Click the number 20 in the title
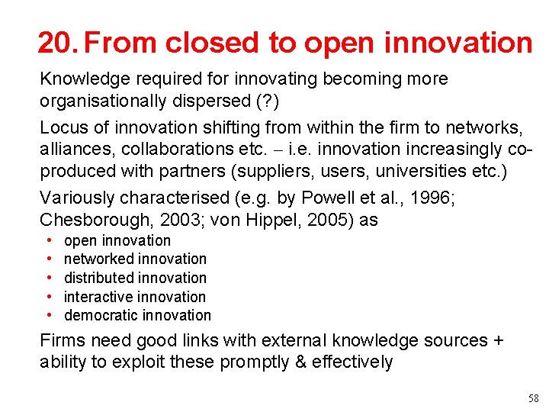pos(54,43)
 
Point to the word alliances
pos(77,150)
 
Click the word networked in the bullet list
pos(96,259)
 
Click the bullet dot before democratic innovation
pos(49,315)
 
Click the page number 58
pos(532,399)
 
